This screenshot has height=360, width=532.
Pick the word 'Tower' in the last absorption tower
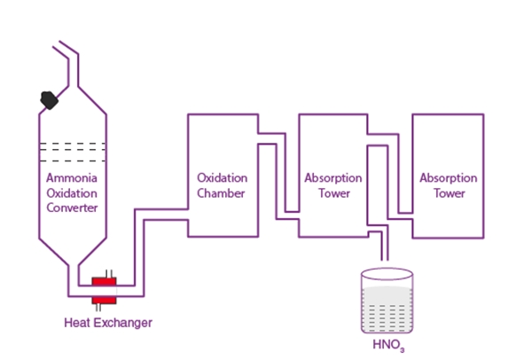click(x=448, y=192)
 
